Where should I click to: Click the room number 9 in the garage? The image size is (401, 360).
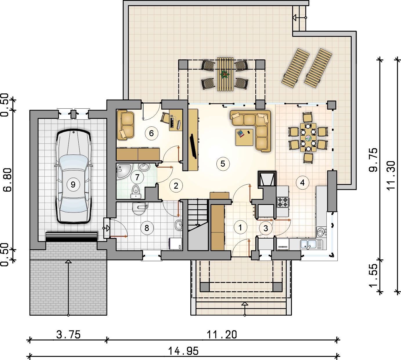[x=73, y=184]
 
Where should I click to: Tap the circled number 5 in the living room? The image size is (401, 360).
[x=223, y=163]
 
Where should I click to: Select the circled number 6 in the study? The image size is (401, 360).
[x=151, y=133]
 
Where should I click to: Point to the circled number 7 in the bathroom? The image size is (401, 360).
[x=137, y=177]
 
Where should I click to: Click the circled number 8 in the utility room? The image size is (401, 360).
[x=147, y=228]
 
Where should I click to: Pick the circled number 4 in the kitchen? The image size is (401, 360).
[x=302, y=182]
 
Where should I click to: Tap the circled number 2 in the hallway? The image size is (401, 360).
[x=176, y=186]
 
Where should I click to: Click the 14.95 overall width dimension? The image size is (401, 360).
[x=183, y=351]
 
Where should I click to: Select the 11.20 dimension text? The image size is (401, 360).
[x=222, y=334]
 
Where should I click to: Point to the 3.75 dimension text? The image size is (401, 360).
[x=68, y=334]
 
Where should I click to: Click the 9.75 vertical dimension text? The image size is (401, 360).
[x=373, y=160]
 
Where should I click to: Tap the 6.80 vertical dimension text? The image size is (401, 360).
[x=8, y=180]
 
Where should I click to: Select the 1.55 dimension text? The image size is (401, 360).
[x=373, y=276]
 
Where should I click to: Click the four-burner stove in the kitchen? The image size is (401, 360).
[x=283, y=202]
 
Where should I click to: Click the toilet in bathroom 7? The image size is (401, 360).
[x=136, y=192]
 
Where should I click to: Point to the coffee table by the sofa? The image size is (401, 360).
[x=244, y=137]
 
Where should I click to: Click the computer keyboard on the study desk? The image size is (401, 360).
[x=172, y=123]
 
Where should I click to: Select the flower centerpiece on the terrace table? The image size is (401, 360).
[x=225, y=74]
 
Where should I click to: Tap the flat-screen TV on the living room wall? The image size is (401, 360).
[x=193, y=146]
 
